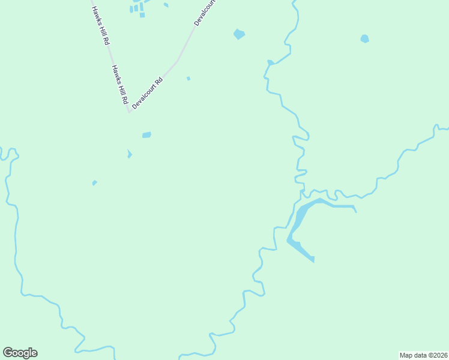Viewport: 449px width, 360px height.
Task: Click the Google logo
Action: (x=20, y=353)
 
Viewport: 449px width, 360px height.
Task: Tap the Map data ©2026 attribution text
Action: (x=423, y=355)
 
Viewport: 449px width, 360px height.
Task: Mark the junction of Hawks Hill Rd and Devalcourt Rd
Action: (x=128, y=112)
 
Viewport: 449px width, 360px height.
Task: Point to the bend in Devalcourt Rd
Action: (x=177, y=60)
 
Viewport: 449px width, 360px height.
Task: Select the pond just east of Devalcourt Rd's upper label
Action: (x=239, y=34)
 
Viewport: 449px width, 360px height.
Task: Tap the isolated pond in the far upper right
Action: (x=364, y=39)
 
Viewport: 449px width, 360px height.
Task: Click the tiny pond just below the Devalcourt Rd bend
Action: (x=188, y=78)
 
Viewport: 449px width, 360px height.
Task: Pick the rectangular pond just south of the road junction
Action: (x=146, y=135)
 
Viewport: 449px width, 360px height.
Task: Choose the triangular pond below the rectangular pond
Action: (x=129, y=154)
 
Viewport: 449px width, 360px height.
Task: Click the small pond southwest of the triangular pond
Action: (x=94, y=182)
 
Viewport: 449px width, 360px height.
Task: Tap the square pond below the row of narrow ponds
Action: (x=142, y=15)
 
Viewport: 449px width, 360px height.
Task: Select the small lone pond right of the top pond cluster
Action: (x=166, y=5)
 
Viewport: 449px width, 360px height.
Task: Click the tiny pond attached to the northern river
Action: (x=270, y=62)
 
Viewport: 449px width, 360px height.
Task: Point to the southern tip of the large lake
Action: (x=313, y=260)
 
